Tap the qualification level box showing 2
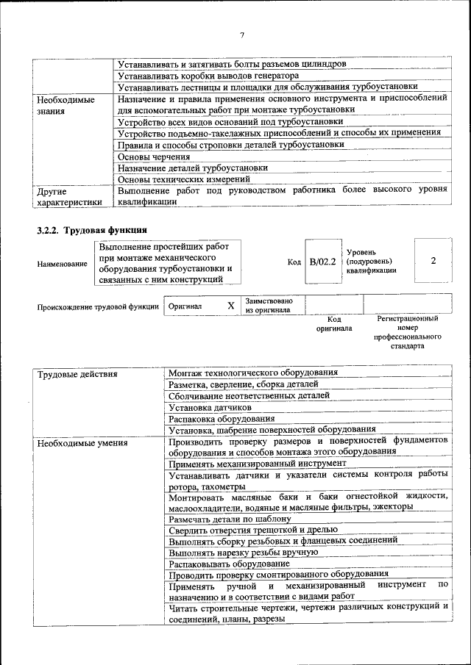tap(433, 261)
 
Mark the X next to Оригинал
tap(230, 305)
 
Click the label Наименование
tap(62, 264)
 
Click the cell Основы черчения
tap(154, 157)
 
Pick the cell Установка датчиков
tap(210, 406)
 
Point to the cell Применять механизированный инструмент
tap(257, 464)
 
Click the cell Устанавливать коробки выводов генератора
tap(208, 76)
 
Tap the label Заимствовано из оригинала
tap(269, 305)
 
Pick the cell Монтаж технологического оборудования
tap(253, 373)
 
